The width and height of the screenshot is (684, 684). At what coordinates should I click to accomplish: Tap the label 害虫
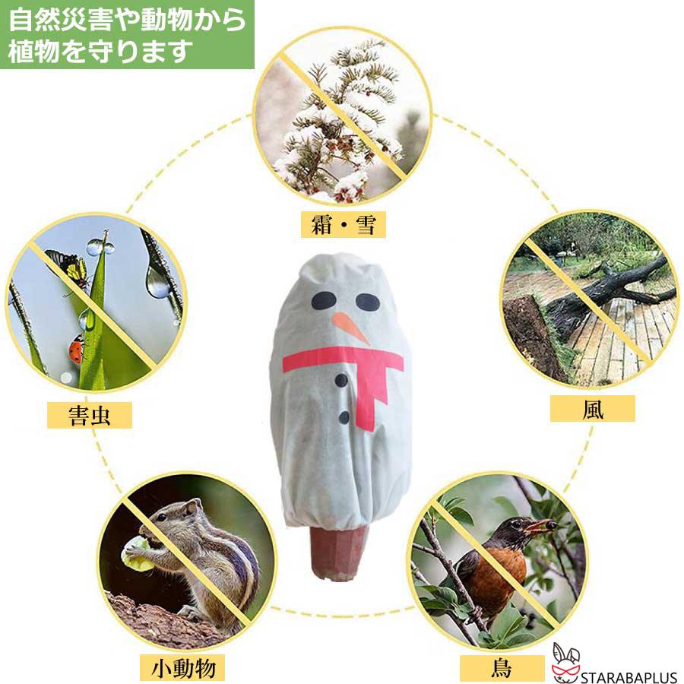point(90,416)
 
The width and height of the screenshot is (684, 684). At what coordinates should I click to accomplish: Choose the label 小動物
point(183,668)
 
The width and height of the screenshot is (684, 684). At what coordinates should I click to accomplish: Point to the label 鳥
point(502,669)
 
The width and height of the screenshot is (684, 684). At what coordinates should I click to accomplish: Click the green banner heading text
point(126,35)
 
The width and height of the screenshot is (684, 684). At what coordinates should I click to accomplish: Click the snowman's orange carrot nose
point(350,326)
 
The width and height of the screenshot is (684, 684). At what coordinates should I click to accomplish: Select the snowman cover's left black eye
point(322,301)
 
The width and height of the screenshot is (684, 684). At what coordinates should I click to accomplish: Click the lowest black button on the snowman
point(344,417)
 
